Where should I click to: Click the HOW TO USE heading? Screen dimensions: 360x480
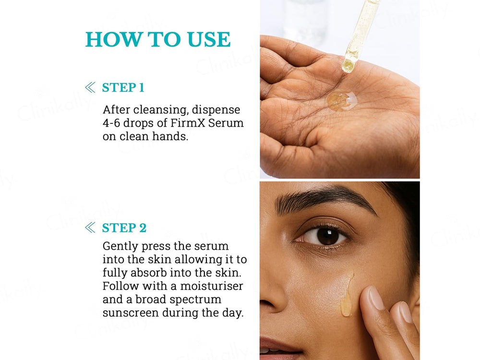pos(158,40)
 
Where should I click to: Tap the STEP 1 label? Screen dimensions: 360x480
pos(123,87)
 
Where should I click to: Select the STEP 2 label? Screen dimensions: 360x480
pos(124,228)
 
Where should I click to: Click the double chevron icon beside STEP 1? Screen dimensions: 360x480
pos(90,87)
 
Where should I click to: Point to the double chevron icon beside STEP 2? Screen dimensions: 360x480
pos(90,228)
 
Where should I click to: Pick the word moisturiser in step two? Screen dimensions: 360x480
pos(211,286)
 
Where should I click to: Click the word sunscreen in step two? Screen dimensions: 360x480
pos(130,313)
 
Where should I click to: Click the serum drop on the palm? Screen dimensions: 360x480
pos(342,100)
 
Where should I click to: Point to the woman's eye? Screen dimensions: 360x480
pos(326,236)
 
